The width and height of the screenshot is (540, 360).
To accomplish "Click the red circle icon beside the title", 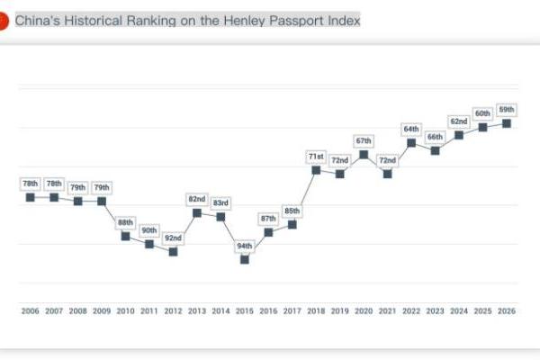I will coord(4,19).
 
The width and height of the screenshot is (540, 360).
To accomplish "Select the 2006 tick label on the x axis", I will coord(30,310).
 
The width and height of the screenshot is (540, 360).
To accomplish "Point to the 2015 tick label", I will coord(244,310).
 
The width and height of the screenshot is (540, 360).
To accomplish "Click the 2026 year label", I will coord(507,310).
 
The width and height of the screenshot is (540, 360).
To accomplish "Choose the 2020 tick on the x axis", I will coord(364,310).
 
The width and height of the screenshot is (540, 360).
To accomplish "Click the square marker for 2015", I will coord(244,259).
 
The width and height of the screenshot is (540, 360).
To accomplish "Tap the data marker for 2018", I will coord(316,169).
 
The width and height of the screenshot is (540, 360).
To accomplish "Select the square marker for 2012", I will coord(173,251).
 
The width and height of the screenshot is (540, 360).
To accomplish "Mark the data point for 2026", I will coord(507,122).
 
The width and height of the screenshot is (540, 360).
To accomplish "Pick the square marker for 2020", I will coord(364,154).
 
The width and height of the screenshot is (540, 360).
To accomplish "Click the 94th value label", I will coord(244,246).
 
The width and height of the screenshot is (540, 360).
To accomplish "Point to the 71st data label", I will coord(316,156).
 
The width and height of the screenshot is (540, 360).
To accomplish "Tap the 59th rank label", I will coord(507,109).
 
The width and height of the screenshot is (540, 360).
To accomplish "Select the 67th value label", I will coord(364,140).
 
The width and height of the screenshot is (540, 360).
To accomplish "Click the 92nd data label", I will coord(173,238).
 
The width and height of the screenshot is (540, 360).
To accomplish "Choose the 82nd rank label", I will coord(197,199).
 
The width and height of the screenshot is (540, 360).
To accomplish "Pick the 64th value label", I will coord(411,129).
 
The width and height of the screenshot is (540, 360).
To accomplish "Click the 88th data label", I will coord(125,222).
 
